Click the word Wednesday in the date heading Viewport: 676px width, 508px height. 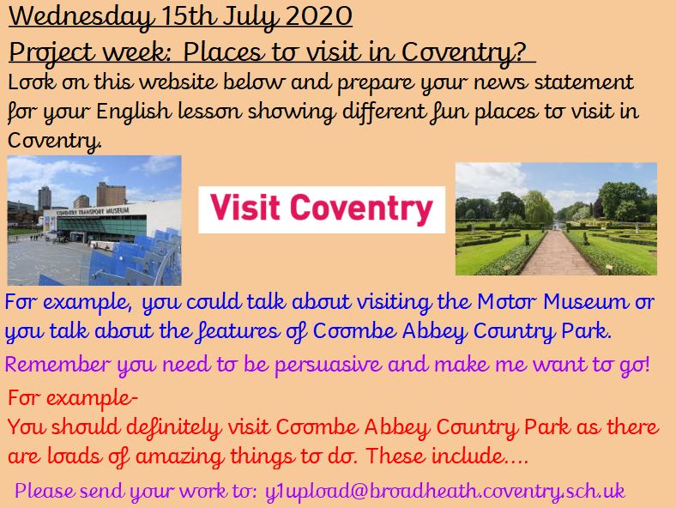81,17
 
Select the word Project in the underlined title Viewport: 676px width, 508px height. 51,53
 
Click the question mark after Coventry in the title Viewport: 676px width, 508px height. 521,51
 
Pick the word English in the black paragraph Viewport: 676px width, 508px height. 134,112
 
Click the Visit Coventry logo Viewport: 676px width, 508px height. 322,209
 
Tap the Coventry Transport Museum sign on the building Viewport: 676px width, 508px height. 93,211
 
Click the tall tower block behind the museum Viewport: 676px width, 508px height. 45,198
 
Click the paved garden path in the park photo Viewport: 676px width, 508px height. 557,255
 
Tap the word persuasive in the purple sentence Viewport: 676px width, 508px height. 328,365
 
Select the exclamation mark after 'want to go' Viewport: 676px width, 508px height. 646,364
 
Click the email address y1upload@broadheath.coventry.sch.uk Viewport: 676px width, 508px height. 445,492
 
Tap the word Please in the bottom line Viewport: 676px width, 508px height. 45,491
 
